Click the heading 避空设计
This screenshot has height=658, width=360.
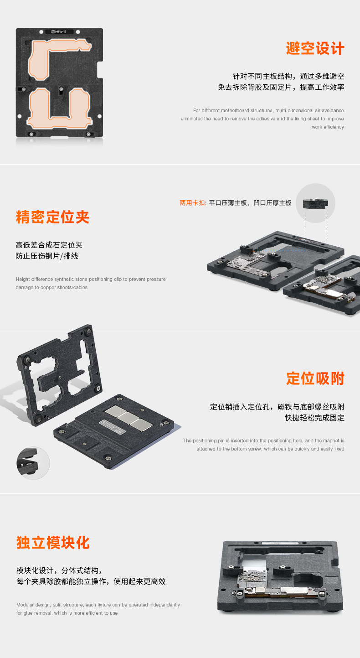pyautogui.click(x=315, y=48)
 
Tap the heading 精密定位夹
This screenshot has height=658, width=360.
pyautogui.click(x=52, y=217)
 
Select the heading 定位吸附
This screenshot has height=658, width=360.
pyautogui.click(x=315, y=378)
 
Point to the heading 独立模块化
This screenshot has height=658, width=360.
pyautogui.click(x=53, y=542)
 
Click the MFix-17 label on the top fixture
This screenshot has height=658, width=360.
pyautogui.click(x=59, y=32)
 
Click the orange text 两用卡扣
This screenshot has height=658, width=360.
pyautogui.click(x=192, y=202)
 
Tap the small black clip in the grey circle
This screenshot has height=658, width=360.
pyautogui.click(x=315, y=203)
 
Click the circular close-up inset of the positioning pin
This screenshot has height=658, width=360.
pyautogui.click(x=33, y=463)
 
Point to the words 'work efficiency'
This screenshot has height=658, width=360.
pyautogui.click(x=328, y=127)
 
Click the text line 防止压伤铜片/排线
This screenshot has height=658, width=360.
pyautogui.click(x=47, y=256)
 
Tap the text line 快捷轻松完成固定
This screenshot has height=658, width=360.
pyautogui.click(x=314, y=418)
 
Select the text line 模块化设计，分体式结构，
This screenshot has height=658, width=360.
pyautogui.click(x=60, y=570)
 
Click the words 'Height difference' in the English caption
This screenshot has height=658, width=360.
pyautogui.click(x=34, y=279)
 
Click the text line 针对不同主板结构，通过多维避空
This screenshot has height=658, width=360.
pyautogui.click(x=288, y=76)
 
